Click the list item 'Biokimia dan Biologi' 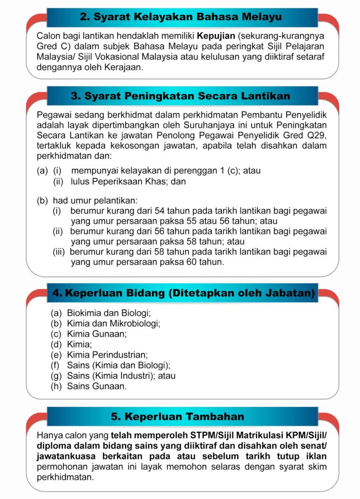pos(109,313)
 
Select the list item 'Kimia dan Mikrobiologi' pos(114,323)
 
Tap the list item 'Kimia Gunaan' pos(97,334)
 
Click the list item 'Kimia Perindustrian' pos(108,355)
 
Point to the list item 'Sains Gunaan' pos(97,386)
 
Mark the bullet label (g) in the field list pos(57,376)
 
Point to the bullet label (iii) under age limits pos(60,252)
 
